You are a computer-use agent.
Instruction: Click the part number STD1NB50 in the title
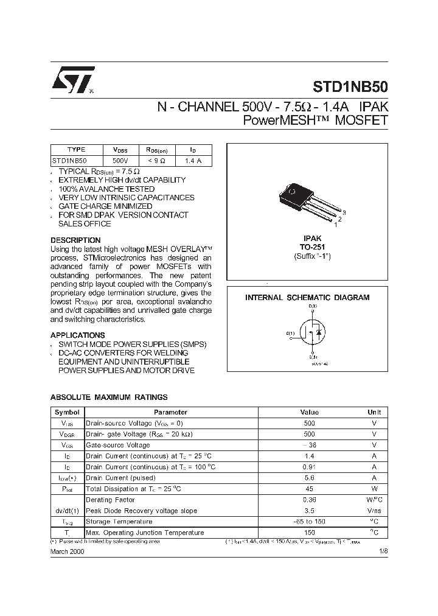click(353, 86)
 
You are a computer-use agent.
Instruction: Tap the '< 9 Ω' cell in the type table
click(156, 161)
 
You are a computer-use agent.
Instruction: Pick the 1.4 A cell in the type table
click(193, 161)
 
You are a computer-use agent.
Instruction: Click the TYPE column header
click(77, 150)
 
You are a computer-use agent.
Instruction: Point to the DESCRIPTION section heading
click(75, 240)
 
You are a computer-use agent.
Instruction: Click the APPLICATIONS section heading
click(77, 335)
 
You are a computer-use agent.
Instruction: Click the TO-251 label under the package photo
click(307, 248)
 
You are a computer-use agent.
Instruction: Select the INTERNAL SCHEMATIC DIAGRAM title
click(307, 298)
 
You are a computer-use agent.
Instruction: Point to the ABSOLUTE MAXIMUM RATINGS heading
click(109, 397)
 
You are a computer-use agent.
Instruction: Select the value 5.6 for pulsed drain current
click(309, 478)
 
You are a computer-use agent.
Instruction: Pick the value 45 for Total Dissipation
click(309, 489)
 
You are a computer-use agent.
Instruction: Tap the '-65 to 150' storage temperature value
click(309, 522)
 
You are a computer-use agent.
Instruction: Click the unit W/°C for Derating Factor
click(374, 500)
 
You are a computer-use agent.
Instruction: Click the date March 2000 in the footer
click(68, 551)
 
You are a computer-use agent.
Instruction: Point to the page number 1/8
click(383, 551)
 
